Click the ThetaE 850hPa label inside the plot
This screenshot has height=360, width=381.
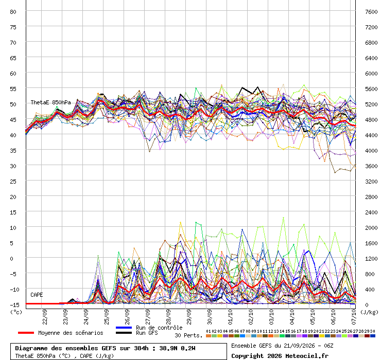(x=50, y=102)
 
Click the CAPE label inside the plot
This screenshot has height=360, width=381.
(x=37, y=295)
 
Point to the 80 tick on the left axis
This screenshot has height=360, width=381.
(x=13, y=12)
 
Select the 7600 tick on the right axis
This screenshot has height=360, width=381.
(x=371, y=12)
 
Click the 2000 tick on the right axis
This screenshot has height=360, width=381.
(x=371, y=228)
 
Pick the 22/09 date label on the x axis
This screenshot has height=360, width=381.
(x=45, y=317)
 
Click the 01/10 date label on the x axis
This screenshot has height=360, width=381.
(x=230, y=317)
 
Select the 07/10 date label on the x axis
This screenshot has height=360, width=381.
(x=354, y=317)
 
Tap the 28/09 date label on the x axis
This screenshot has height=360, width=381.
(x=168, y=317)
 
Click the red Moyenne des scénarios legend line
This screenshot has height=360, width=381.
(x=26, y=333)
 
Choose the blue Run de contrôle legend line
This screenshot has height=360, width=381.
(x=124, y=328)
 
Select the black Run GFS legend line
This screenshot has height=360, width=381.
(x=124, y=333)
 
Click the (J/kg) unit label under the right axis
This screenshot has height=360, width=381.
(x=369, y=312)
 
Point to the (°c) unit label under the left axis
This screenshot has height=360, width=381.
(x=16, y=312)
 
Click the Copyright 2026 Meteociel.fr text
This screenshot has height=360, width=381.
(x=280, y=356)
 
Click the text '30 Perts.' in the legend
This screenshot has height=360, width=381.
(x=188, y=335)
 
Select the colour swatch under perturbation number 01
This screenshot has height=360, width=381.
(x=208, y=336)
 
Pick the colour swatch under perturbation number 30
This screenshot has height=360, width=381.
(x=372, y=336)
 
